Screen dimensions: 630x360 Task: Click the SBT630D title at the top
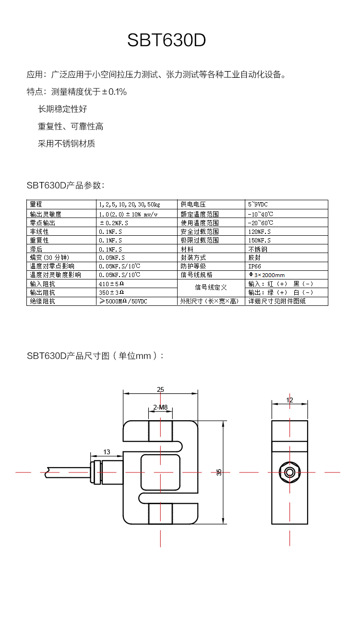(167, 41)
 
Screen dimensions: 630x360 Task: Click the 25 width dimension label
(160, 389)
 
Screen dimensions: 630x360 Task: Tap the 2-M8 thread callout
(160, 408)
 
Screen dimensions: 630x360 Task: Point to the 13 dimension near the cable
(107, 452)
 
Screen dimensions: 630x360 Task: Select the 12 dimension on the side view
(289, 400)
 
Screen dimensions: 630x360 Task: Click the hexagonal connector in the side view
(289, 472)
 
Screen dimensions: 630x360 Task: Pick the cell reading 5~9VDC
(258, 205)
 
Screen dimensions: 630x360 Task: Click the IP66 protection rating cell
(255, 266)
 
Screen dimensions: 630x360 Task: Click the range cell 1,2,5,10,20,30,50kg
(129, 205)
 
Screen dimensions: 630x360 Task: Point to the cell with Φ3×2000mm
(266, 275)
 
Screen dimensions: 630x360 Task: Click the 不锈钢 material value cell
(258, 249)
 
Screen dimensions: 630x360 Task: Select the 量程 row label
(36, 205)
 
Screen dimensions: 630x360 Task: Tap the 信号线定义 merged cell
(211, 288)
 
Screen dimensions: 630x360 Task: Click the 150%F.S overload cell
(259, 240)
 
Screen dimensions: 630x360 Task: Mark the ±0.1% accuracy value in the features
(114, 92)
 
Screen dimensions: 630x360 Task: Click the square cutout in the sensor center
(160, 472)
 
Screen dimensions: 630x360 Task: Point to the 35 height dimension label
(219, 472)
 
